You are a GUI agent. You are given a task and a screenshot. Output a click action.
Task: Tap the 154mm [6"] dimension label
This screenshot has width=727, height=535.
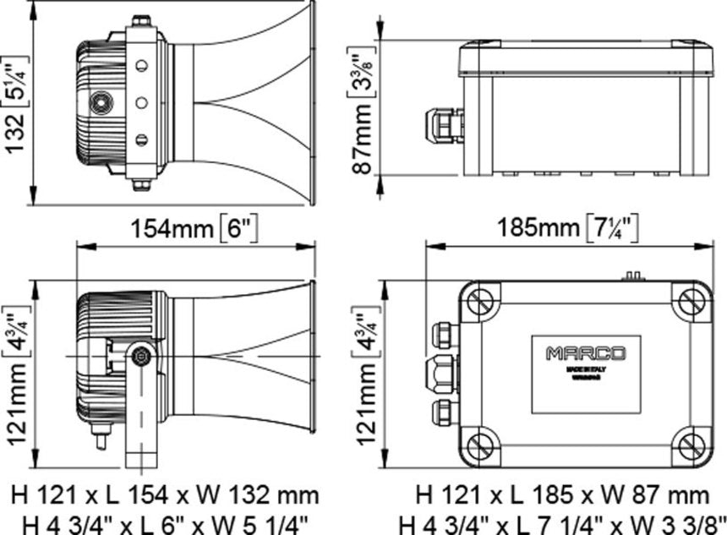pyautogui.click(x=194, y=228)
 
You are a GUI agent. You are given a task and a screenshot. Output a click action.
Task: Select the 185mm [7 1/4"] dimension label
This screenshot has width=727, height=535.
pyautogui.click(x=566, y=228)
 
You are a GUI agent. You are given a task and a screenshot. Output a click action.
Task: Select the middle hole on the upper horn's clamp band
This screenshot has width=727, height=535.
pyautogui.click(x=141, y=102)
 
